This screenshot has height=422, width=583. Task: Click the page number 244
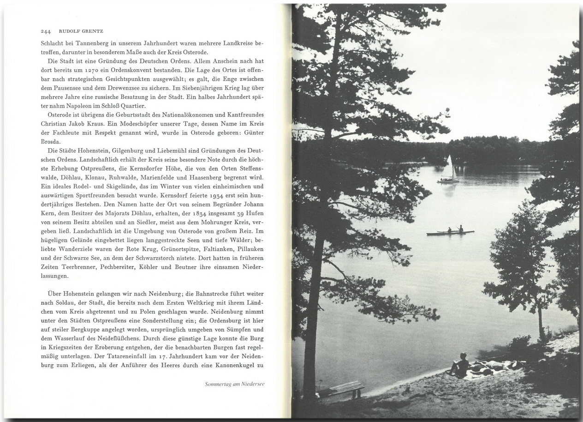(45, 32)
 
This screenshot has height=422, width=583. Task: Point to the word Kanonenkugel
(231, 366)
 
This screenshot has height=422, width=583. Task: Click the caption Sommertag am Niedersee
(234, 384)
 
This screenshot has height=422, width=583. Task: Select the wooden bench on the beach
(346, 388)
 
